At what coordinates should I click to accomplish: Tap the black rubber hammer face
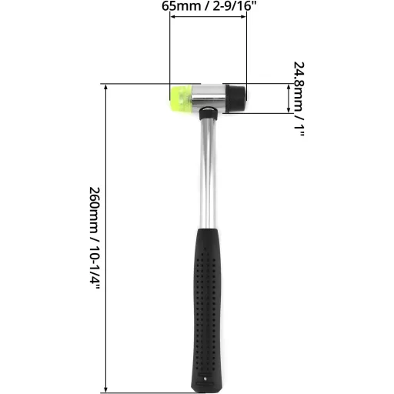tap(236, 97)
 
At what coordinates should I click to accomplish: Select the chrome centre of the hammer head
tap(208, 96)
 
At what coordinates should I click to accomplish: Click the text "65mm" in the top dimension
tap(178, 5)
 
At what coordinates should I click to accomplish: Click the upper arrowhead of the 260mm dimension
tap(105, 86)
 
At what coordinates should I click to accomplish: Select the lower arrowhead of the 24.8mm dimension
tap(289, 110)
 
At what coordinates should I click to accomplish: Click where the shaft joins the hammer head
tap(206, 113)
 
